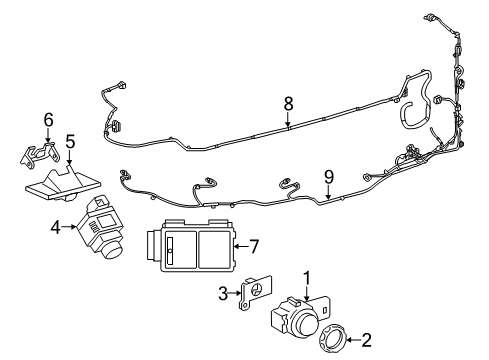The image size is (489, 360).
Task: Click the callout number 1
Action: point(307,279)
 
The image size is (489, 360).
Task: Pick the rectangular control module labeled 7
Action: point(190,246)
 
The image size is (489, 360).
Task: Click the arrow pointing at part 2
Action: point(350,340)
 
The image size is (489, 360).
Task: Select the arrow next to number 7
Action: point(238,244)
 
